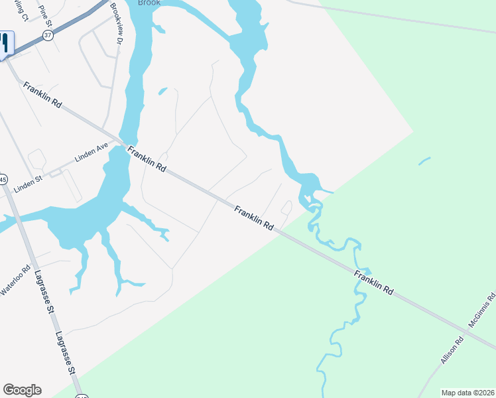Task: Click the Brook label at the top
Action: click(149, 3)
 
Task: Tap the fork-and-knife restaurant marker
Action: click(4, 43)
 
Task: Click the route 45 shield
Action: click(3, 179)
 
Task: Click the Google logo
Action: click(22, 390)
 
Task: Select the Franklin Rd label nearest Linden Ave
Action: click(147, 159)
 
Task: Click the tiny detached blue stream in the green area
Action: click(424, 161)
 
